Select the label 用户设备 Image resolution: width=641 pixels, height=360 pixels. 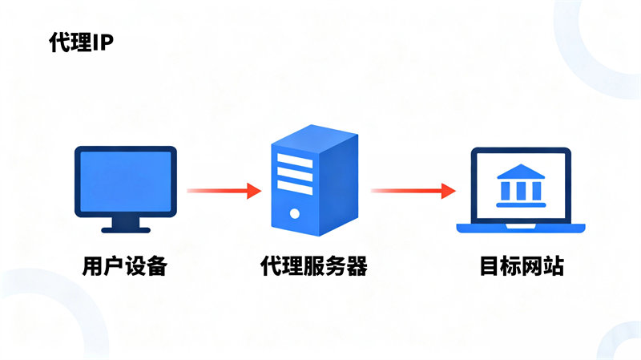tap(124, 266)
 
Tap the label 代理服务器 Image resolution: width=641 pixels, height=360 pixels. tap(314, 266)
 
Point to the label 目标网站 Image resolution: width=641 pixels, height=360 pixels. tap(522, 266)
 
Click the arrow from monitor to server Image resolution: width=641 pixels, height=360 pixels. tap(224, 191)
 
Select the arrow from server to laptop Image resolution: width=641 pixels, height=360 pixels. tap(412, 191)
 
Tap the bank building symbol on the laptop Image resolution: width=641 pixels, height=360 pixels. tap(520, 185)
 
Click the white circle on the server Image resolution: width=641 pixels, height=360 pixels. tap(295, 214)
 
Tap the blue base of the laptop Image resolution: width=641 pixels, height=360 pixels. tap(520, 229)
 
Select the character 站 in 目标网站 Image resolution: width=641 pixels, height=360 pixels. tap(553, 266)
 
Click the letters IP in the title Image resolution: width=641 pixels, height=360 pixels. tap(103, 42)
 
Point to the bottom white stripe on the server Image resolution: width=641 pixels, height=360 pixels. tap(295, 190)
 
